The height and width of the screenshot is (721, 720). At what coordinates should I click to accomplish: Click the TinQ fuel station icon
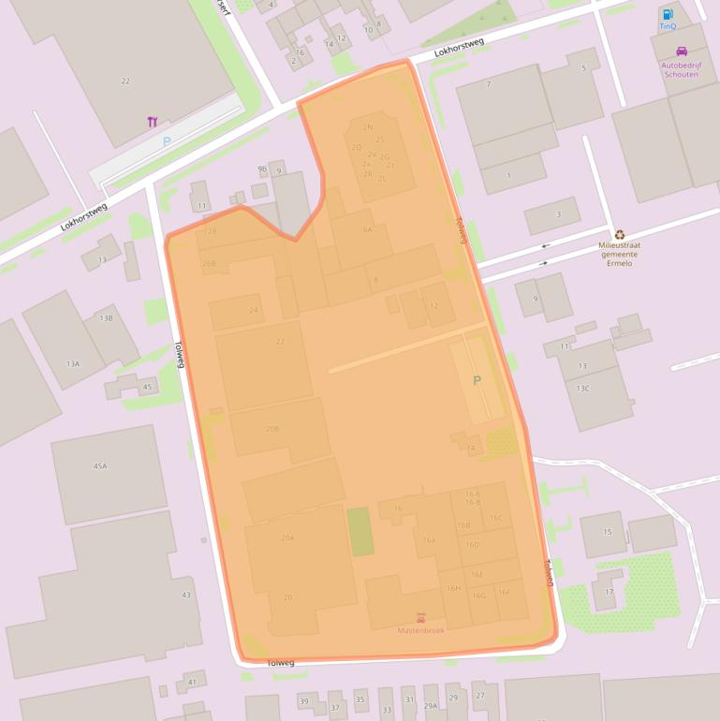click(668, 14)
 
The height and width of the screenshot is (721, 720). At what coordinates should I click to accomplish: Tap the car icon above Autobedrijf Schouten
click(681, 51)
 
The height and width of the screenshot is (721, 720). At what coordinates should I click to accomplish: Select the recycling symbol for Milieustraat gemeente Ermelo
click(620, 235)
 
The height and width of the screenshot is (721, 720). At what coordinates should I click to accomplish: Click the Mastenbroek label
click(420, 630)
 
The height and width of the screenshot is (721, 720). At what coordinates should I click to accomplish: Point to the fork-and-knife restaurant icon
click(152, 121)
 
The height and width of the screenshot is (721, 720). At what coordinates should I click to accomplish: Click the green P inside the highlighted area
click(477, 380)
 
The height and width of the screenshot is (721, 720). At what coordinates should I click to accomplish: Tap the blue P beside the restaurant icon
click(167, 141)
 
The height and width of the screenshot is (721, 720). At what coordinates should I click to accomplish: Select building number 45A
click(100, 465)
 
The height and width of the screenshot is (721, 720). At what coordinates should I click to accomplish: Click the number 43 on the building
click(185, 595)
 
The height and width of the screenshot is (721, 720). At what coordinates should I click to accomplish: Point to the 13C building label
click(583, 388)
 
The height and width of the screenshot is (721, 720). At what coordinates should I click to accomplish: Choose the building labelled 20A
click(287, 538)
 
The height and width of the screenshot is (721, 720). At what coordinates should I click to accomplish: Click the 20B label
click(272, 429)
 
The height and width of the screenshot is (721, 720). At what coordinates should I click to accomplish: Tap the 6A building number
click(367, 229)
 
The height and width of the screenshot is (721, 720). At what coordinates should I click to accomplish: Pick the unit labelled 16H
click(454, 588)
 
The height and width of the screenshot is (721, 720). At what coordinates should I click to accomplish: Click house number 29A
click(431, 706)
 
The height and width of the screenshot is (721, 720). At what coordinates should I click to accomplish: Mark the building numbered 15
click(608, 532)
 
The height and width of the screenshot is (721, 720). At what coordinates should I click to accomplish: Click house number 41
click(192, 682)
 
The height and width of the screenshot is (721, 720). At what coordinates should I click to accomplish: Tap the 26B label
click(209, 264)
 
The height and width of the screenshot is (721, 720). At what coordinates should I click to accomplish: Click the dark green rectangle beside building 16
click(360, 531)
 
